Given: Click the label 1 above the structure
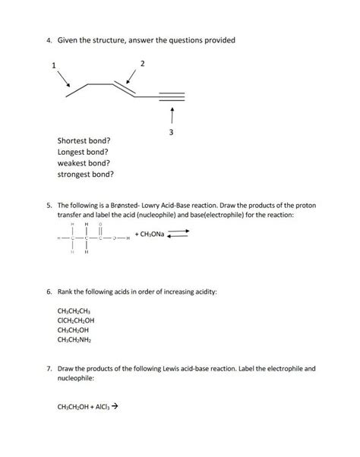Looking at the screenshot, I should pos(53,65).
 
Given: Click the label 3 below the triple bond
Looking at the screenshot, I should pos(172,134).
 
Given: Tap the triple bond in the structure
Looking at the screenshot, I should pos(171,96).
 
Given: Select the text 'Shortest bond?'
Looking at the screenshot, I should pos(84,140).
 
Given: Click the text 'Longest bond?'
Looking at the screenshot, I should pos(83,152).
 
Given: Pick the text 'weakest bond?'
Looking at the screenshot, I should pos(83,162).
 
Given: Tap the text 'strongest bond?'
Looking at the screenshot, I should pos(86,174).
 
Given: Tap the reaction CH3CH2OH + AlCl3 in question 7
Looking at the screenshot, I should pos(88,406).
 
